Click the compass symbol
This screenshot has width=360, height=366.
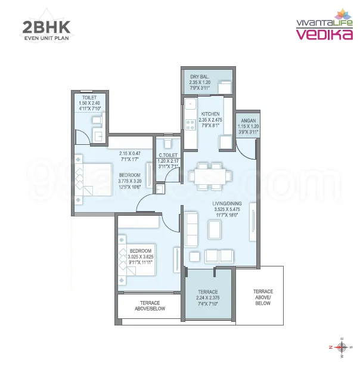tap(342, 346)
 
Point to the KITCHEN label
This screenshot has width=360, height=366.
tap(210, 114)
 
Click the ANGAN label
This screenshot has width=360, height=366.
tap(247, 120)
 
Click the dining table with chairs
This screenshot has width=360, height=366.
tap(209, 175)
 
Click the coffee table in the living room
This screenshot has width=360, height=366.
tap(214, 228)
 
